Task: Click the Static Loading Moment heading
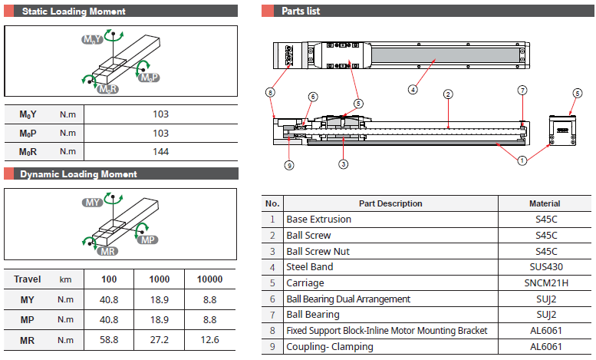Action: [74, 12]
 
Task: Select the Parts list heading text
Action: [301, 12]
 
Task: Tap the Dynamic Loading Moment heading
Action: [78, 174]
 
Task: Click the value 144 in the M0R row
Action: [160, 152]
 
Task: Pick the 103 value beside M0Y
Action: [160, 114]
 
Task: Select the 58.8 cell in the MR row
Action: [110, 340]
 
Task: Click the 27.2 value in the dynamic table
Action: [160, 340]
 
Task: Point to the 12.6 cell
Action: [209, 340]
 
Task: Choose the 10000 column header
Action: [209, 280]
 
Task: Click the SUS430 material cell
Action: [545, 268]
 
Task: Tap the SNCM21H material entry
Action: [545, 283]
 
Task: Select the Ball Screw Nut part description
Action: [319, 252]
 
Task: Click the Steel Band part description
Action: [308, 268]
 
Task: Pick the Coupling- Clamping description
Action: [330, 347]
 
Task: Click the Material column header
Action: [545, 203]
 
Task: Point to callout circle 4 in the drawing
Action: [413, 89]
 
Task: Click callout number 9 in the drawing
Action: [289, 165]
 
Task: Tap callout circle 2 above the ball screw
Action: [447, 94]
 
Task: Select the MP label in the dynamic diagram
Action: [150, 240]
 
